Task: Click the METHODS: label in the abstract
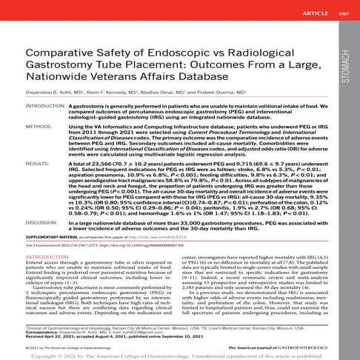click(x=41, y=127)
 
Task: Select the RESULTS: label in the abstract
click(x=39, y=161)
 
